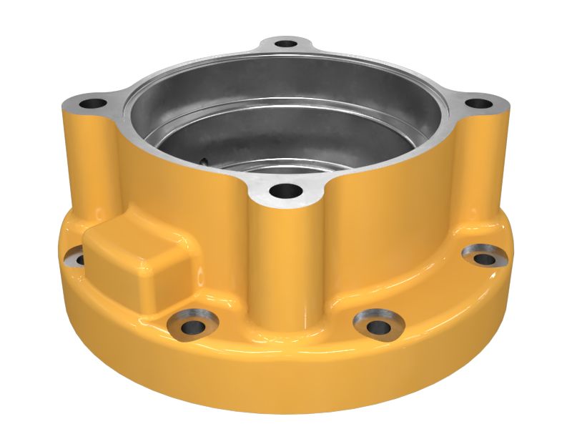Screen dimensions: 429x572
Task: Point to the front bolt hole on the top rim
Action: [x=287, y=191]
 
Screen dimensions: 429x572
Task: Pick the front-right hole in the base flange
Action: [x=378, y=326]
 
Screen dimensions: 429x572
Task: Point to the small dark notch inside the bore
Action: [x=204, y=161]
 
